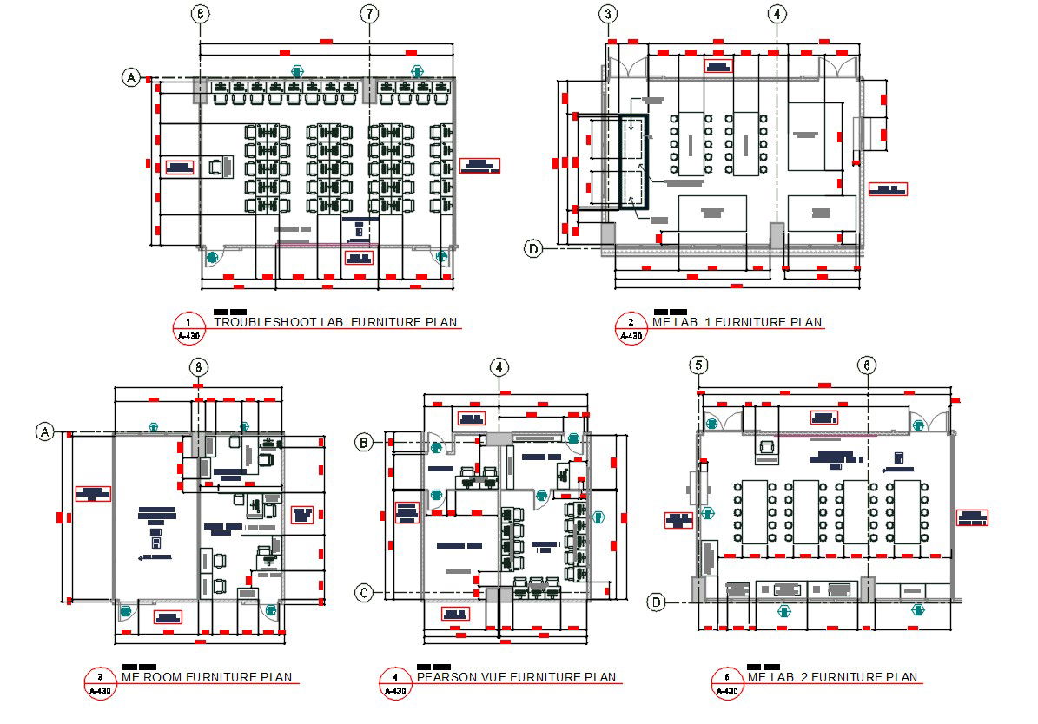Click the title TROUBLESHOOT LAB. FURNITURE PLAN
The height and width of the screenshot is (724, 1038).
tap(335, 322)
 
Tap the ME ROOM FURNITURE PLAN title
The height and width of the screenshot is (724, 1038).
tap(207, 677)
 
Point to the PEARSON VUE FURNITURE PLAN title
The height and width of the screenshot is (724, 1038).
tap(516, 677)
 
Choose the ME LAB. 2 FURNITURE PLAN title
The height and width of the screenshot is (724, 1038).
tap(831, 677)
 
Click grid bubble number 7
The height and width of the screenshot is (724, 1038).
tap(370, 14)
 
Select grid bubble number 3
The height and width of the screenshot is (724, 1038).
tap(609, 14)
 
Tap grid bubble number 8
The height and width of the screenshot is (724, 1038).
tap(199, 367)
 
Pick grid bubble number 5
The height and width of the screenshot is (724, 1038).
tap(699, 365)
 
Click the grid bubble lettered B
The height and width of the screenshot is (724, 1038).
tap(366, 444)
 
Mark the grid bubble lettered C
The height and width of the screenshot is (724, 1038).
tap(366, 593)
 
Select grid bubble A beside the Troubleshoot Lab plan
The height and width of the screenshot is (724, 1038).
tap(131, 78)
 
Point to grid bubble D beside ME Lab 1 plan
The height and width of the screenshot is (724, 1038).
tap(533, 249)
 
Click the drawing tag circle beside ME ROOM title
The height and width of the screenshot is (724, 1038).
tap(100, 683)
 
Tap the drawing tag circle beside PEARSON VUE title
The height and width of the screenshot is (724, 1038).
tap(395, 683)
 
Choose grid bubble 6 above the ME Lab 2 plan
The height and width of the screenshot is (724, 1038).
tap(866, 365)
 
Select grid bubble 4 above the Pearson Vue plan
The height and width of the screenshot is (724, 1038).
tap(499, 367)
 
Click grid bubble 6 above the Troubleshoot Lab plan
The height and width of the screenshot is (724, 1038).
tap(200, 14)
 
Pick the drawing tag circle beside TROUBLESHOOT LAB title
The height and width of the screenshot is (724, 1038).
tap(188, 328)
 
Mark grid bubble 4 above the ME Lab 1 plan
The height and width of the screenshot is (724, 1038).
tap(777, 14)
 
